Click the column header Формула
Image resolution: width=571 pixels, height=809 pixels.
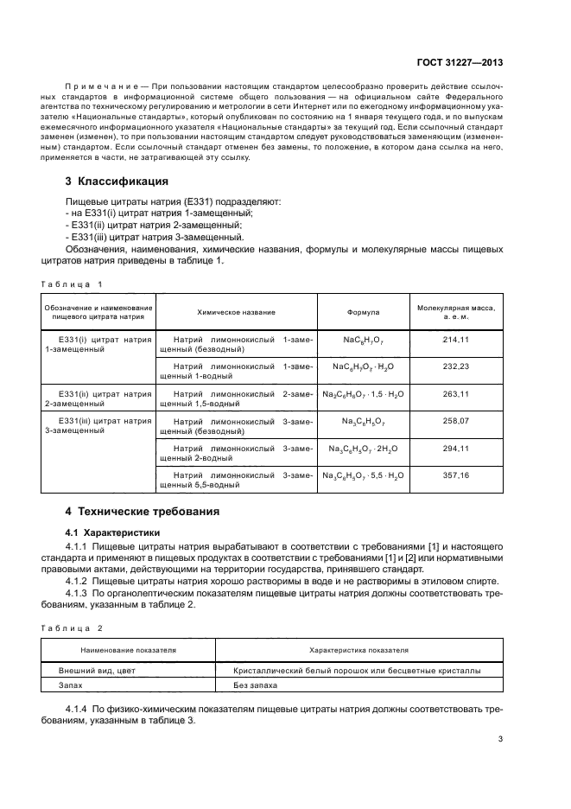[x=363, y=311]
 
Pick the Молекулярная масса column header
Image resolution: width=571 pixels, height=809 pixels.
[x=454, y=311]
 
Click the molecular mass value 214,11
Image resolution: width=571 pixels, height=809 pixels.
[x=454, y=341]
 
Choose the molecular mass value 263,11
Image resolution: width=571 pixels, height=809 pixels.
[x=454, y=394]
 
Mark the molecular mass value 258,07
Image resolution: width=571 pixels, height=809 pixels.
[x=454, y=421]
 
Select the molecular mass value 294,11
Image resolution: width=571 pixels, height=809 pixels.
[x=454, y=449]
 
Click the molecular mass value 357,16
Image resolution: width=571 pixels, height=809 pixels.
[x=454, y=476]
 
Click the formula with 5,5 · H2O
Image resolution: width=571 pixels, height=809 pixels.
[x=363, y=476]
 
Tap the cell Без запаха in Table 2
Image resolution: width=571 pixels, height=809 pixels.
[x=256, y=684]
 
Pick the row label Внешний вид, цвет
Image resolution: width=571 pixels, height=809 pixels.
[x=97, y=669]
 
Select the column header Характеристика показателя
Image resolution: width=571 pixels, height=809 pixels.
[x=358, y=649]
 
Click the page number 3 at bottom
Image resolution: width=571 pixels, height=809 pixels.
[x=500, y=739]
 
